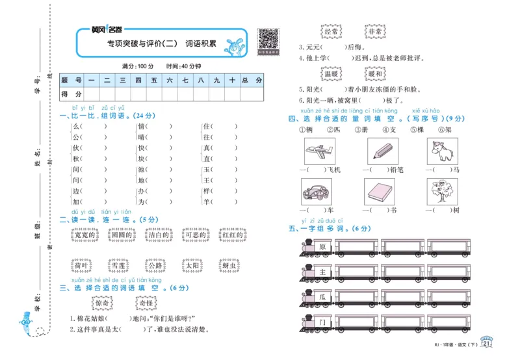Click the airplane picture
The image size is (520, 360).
318,152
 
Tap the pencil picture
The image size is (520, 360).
380,152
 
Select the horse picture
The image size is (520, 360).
439,152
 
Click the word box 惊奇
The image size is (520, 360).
103,302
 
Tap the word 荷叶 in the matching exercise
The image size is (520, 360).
81,265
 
